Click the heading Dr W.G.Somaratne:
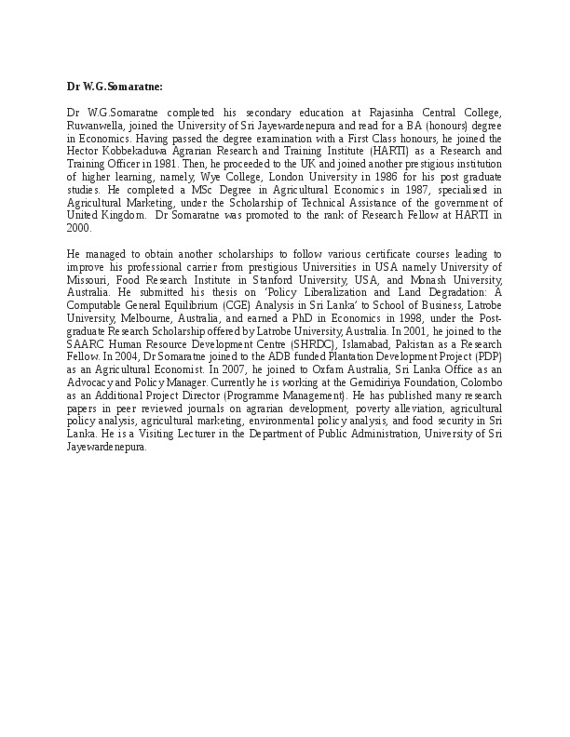tap(115, 87)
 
